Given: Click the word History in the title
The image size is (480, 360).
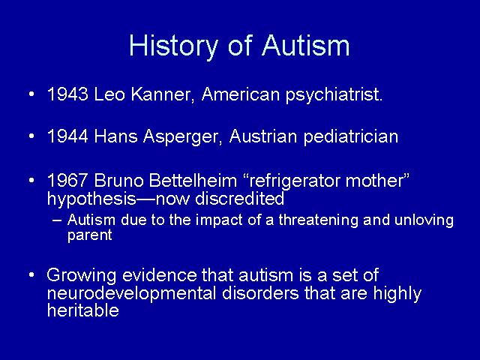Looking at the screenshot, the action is (x=173, y=46).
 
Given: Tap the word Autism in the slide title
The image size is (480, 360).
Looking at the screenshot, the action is (x=305, y=45).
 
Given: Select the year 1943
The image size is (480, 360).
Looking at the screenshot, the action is (x=68, y=94).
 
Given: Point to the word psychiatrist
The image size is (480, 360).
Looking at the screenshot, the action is (x=334, y=95).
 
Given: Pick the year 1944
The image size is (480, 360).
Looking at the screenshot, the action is (x=68, y=136).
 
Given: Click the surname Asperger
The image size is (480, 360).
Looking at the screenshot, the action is (x=182, y=137).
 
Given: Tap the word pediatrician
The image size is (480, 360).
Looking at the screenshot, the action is (x=351, y=137).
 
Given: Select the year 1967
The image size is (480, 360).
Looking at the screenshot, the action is (x=68, y=181).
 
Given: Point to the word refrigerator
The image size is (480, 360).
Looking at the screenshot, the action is (x=295, y=181).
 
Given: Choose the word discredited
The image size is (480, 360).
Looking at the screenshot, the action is (x=240, y=198).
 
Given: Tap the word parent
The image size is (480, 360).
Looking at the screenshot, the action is (x=90, y=235).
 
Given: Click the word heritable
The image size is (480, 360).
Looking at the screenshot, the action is (x=83, y=310).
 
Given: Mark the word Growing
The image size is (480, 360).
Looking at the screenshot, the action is (x=82, y=276).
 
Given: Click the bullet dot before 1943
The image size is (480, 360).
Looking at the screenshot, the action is (x=31, y=94).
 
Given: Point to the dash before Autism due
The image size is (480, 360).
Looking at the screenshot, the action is (x=57, y=220).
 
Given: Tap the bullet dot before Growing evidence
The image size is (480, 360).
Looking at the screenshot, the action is (x=31, y=274).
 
